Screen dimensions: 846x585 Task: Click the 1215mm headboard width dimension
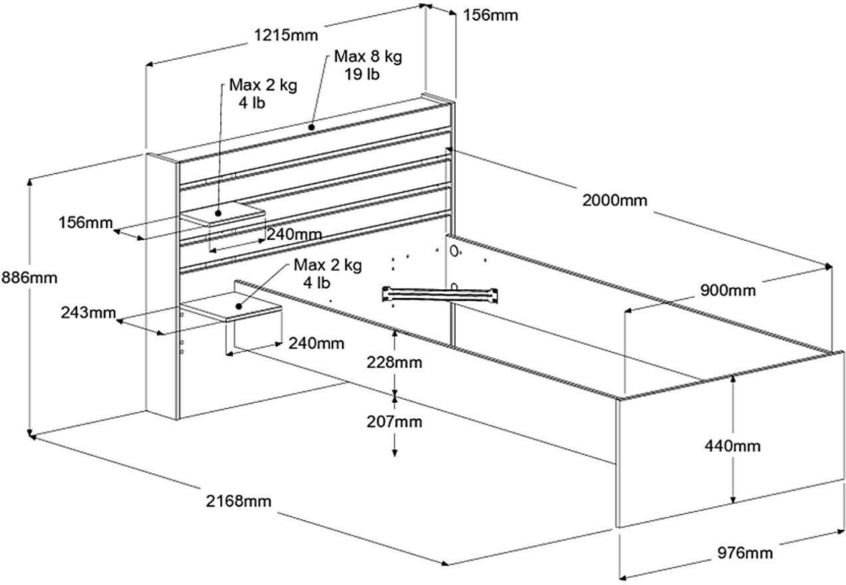pos(286,35)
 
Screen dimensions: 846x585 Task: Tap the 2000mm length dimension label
pos(615,200)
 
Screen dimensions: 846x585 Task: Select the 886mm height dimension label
pos(29,278)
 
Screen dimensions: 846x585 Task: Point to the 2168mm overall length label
pos(238,501)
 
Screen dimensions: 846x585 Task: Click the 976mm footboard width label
pos(745,553)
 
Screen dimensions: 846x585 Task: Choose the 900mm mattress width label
pos(728,291)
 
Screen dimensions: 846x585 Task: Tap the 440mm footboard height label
pos(732,446)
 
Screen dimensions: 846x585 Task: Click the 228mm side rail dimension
pos(394,362)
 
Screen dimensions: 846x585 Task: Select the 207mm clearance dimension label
pos(394,421)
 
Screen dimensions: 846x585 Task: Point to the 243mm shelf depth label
pos(88,312)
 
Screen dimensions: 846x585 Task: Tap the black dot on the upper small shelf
pos(218,213)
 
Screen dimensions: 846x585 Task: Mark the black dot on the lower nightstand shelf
pos(239,306)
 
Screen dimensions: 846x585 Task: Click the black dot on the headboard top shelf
pos(311,128)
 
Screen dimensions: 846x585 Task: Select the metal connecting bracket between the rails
pos(440,294)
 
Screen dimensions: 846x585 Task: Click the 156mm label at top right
pos(490,15)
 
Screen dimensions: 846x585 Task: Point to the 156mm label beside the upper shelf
pos(85,222)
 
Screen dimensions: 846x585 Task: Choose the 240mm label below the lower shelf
pos(316,344)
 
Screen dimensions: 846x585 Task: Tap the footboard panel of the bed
pos(730,439)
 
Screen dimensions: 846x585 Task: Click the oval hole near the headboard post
pos(454,251)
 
